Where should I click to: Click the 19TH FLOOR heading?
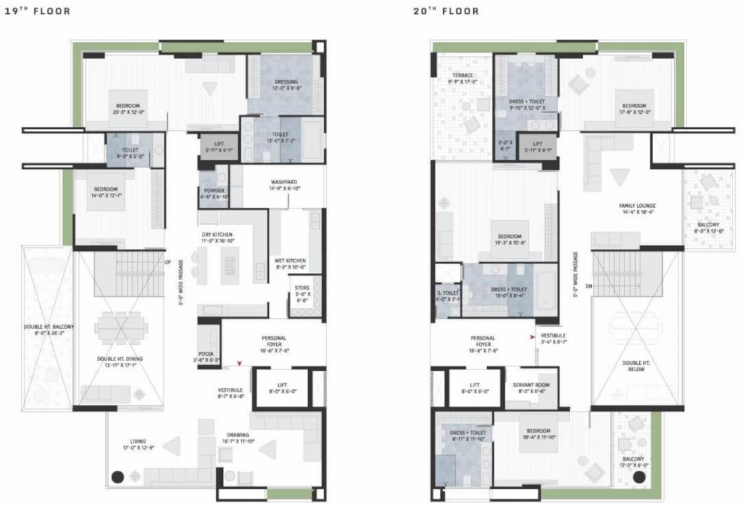(x=37, y=11)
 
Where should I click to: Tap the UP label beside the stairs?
(x=168, y=262)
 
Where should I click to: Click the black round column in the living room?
(x=118, y=477)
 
